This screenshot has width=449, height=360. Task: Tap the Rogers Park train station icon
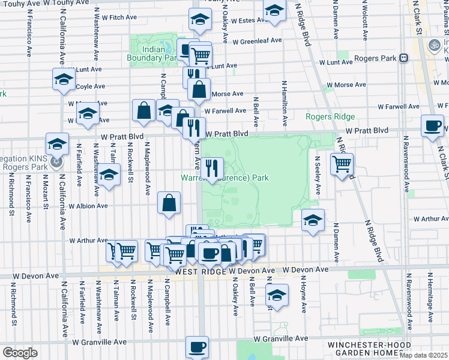coord(403,58)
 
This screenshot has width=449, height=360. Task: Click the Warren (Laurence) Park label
coord(224,178)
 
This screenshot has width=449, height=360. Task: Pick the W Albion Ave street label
coord(88,206)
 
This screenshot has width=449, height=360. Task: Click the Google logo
coord(20,353)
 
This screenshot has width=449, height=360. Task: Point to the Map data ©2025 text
coord(424,355)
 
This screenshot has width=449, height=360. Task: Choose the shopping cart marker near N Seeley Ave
coord(342,164)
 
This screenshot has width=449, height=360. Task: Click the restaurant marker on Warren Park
coord(211,168)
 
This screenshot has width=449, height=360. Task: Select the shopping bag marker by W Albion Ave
coord(169,202)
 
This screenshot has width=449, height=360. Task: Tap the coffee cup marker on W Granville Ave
coord(197,346)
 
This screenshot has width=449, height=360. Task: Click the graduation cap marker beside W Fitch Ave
coord(200,20)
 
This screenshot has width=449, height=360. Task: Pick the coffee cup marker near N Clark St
coord(432,126)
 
